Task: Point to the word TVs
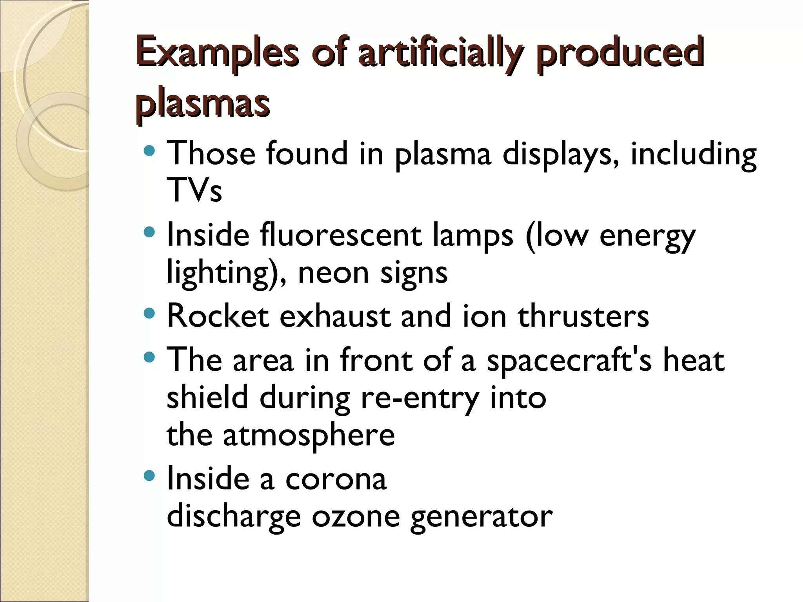coord(194,190)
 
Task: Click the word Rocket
coord(218,316)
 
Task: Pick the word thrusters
coord(583,316)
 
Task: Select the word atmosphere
coord(309,435)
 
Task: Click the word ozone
coord(356,517)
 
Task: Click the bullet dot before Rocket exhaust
coord(149,314)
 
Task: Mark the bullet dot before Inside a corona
coord(149,476)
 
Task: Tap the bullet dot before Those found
coord(149,150)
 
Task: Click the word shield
coord(207,398)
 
